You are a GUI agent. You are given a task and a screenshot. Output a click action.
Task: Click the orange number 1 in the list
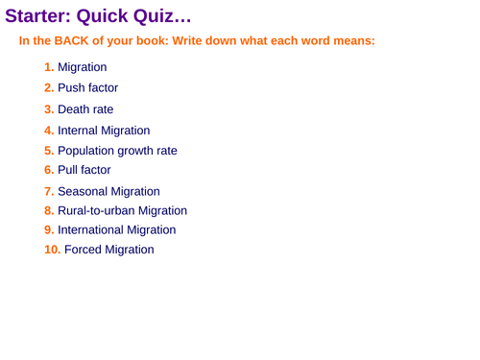(49, 68)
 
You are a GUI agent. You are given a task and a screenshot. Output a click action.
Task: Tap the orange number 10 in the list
(53, 250)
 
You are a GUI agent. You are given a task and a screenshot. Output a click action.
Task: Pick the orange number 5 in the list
(49, 151)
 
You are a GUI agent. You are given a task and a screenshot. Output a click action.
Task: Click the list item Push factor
(88, 88)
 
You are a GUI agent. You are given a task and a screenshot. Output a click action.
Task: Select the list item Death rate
(85, 109)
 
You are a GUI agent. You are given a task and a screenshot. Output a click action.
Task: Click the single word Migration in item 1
(83, 68)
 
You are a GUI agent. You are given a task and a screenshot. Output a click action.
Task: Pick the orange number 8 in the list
(49, 210)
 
